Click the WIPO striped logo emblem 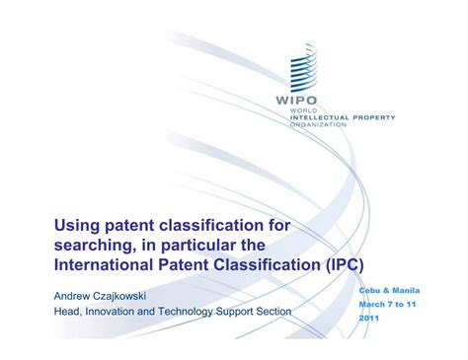(x=303, y=68)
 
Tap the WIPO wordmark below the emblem (x=296, y=100)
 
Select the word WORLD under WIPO (x=303, y=110)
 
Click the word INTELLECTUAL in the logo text (x=319, y=117)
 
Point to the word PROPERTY (x=374, y=117)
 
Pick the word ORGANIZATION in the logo (x=318, y=124)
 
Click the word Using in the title (x=77, y=226)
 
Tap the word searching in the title (x=95, y=246)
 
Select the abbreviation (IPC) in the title (x=345, y=265)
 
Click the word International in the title (x=104, y=265)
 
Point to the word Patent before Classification (x=184, y=265)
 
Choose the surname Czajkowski (x=119, y=296)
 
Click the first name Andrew (x=72, y=296)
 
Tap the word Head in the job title (x=67, y=312)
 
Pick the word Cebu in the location (x=369, y=291)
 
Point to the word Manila (x=406, y=291)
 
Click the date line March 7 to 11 (x=387, y=305)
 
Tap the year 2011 (x=369, y=319)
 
